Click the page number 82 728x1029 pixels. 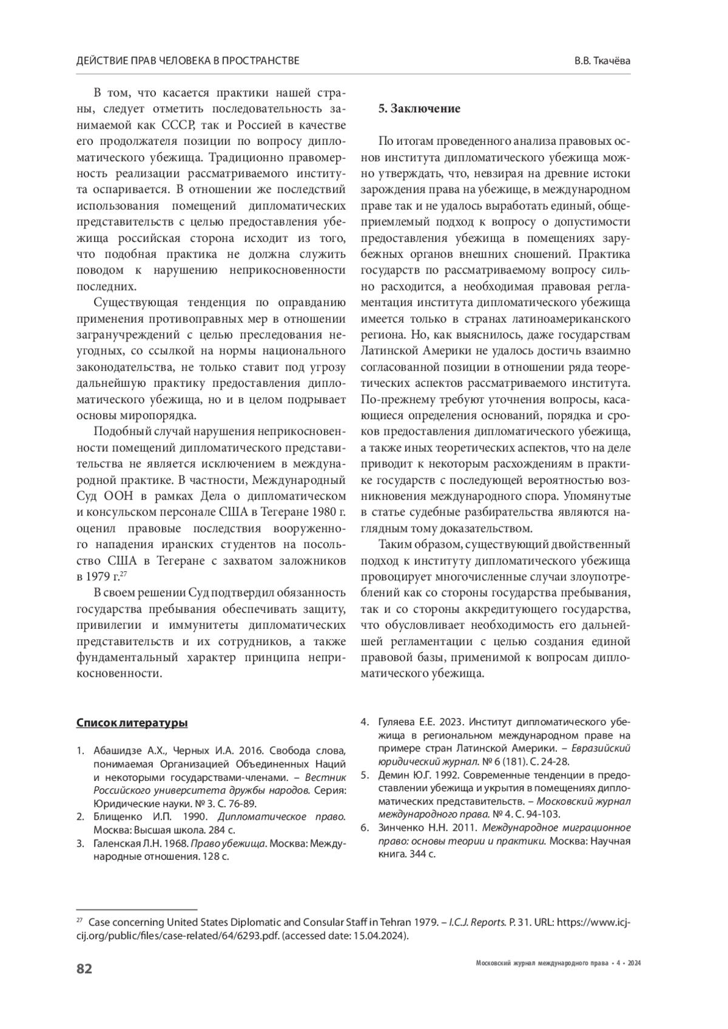[x=84, y=968]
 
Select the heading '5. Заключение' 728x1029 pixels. [x=419, y=109]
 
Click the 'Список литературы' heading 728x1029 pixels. [x=132, y=723]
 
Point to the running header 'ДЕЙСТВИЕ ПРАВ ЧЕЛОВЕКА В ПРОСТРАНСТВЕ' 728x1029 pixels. [x=188, y=61]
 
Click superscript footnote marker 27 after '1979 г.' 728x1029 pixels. [x=123, y=573]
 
